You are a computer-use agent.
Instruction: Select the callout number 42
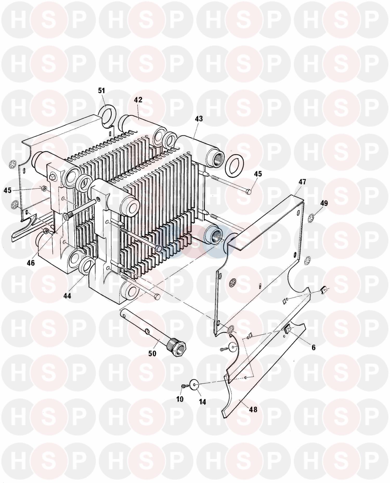(x=138, y=100)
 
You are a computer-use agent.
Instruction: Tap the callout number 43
(x=199, y=119)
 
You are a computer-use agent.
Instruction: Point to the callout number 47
(x=302, y=182)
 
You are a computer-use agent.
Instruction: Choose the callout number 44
(x=67, y=296)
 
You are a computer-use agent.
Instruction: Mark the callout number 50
(x=153, y=353)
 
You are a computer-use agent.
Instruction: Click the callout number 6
(x=314, y=347)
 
